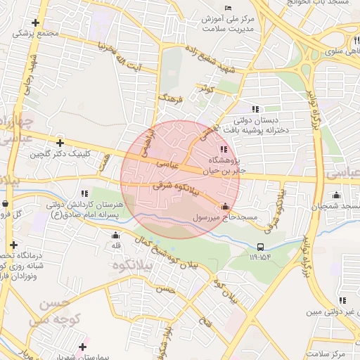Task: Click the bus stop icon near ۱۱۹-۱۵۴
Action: point(261,247)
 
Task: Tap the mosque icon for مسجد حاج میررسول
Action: point(225,207)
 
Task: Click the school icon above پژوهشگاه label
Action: point(224,149)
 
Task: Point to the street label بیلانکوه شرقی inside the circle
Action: point(177,188)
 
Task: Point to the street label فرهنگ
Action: point(170,97)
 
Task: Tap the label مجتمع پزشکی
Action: point(34,33)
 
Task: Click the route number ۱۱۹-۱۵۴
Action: point(259,257)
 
